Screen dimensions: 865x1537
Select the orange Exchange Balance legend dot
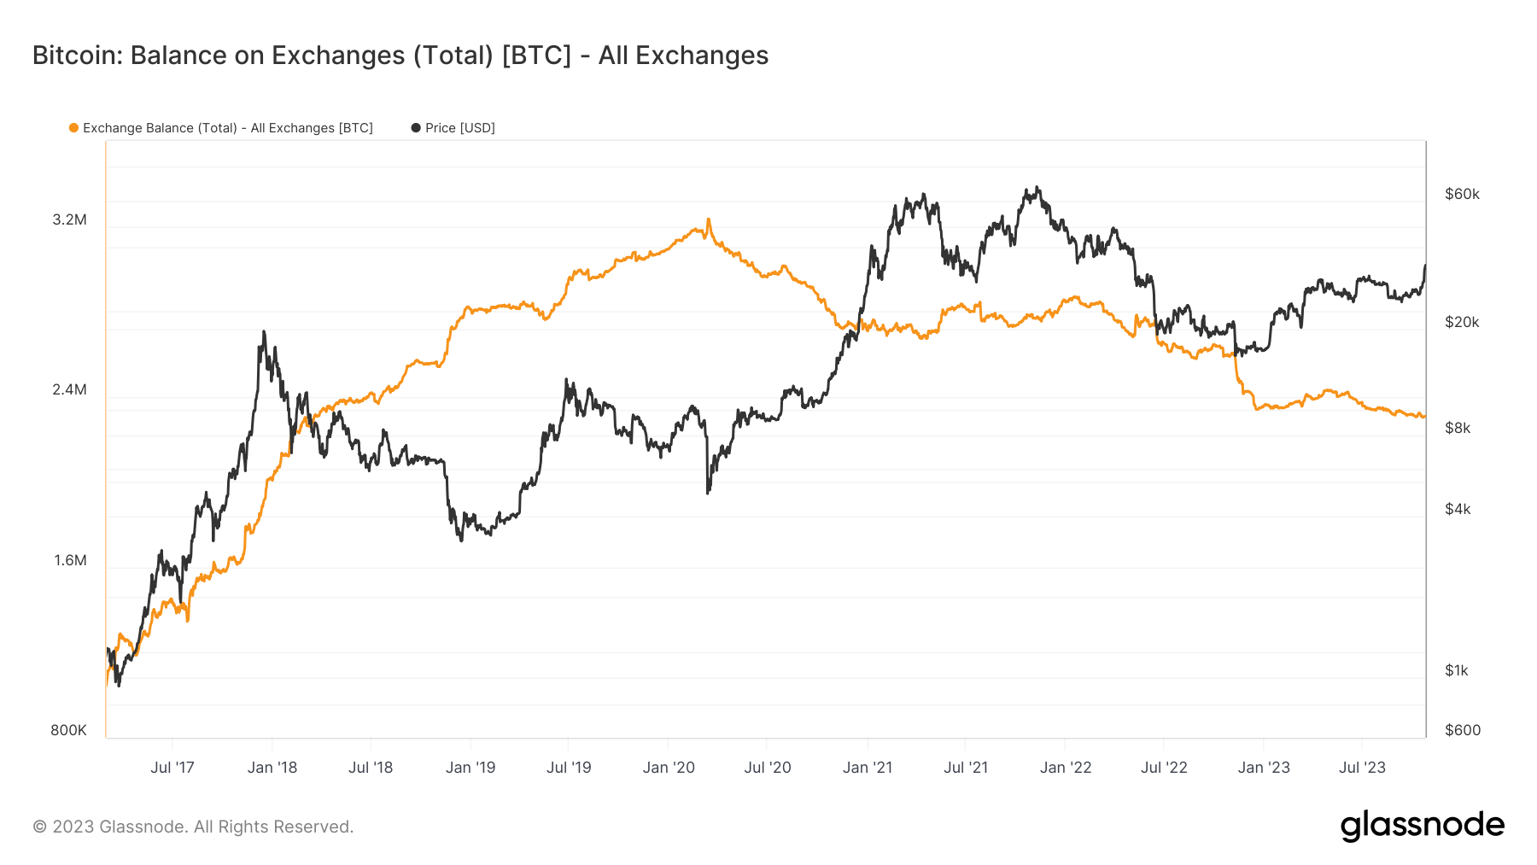click(73, 128)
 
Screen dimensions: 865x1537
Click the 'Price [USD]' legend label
click(459, 128)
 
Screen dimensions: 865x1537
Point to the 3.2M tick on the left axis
click(70, 219)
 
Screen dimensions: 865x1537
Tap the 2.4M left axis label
click(70, 389)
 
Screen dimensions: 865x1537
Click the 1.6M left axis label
click(70, 560)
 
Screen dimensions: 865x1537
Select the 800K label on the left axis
click(68, 730)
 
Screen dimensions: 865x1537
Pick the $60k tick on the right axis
click(1462, 194)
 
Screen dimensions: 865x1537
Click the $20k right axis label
click(1462, 322)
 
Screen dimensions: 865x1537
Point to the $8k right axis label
click(1458, 428)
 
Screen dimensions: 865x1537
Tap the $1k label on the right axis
click(1457, 670)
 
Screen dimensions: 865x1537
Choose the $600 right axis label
click(1463, 730)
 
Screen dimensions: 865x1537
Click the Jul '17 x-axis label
click(172, 767)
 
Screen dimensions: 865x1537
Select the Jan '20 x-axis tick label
click(669, 767)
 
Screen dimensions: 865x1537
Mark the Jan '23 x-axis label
click(1264, 767)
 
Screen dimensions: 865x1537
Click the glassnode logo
click(1422, 826)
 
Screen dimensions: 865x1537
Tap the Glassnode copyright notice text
click(193, 827)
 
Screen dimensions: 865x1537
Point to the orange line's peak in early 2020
click(708, 220)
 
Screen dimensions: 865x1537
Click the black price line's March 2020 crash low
click(708, 492)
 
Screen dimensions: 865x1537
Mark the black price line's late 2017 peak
click(264, 332)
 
